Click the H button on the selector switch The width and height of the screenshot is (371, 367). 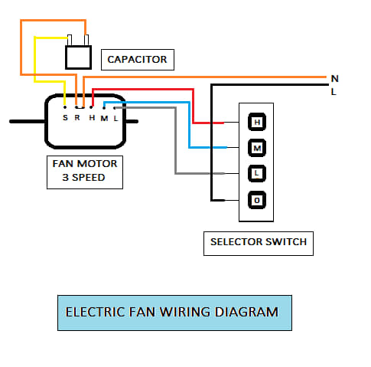pos(257,122)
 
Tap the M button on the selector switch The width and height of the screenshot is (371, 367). pos(257,148)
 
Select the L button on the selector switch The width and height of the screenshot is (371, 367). pos(257,174)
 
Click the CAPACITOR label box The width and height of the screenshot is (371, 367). pos(138,60)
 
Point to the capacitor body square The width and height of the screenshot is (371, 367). pos(79,57)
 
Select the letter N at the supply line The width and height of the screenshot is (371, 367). pos(335,79)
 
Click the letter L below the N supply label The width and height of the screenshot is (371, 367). pos(334,92)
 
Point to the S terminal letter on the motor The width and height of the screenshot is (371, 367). pos(65,118)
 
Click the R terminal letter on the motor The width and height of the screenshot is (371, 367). pos(77,118)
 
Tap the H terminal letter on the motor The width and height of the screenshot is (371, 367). pos(92,118)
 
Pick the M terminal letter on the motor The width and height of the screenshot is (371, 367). pos(104,119)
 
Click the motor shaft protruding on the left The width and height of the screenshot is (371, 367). pos(28,122)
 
